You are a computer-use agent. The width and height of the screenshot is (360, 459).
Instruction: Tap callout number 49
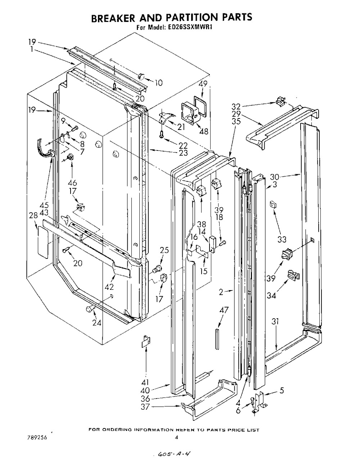coord(203,84)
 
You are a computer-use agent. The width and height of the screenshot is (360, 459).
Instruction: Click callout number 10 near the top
coord(158,83)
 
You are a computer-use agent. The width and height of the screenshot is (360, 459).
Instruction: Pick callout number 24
coord(96,323)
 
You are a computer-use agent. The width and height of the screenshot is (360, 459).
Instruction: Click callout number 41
coord(146,382)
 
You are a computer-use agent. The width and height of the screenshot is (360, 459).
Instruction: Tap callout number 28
coord(33,215)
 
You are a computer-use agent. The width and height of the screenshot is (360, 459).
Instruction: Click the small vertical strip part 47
coord(217,338)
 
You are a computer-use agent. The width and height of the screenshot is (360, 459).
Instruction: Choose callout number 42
coord(109,287)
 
